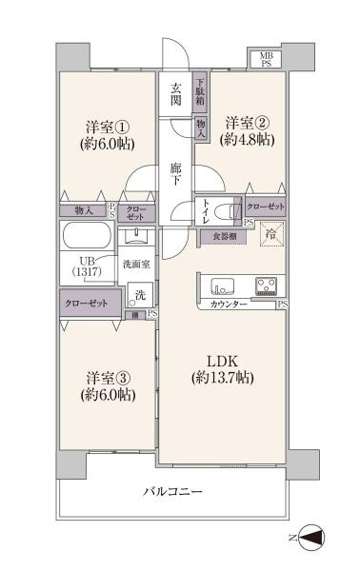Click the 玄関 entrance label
coord(176,95)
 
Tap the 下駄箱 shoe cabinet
coord(200,93)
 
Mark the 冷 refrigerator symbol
coord(271,234)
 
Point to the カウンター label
coord(227,304)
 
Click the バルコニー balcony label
coord(172,493)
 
